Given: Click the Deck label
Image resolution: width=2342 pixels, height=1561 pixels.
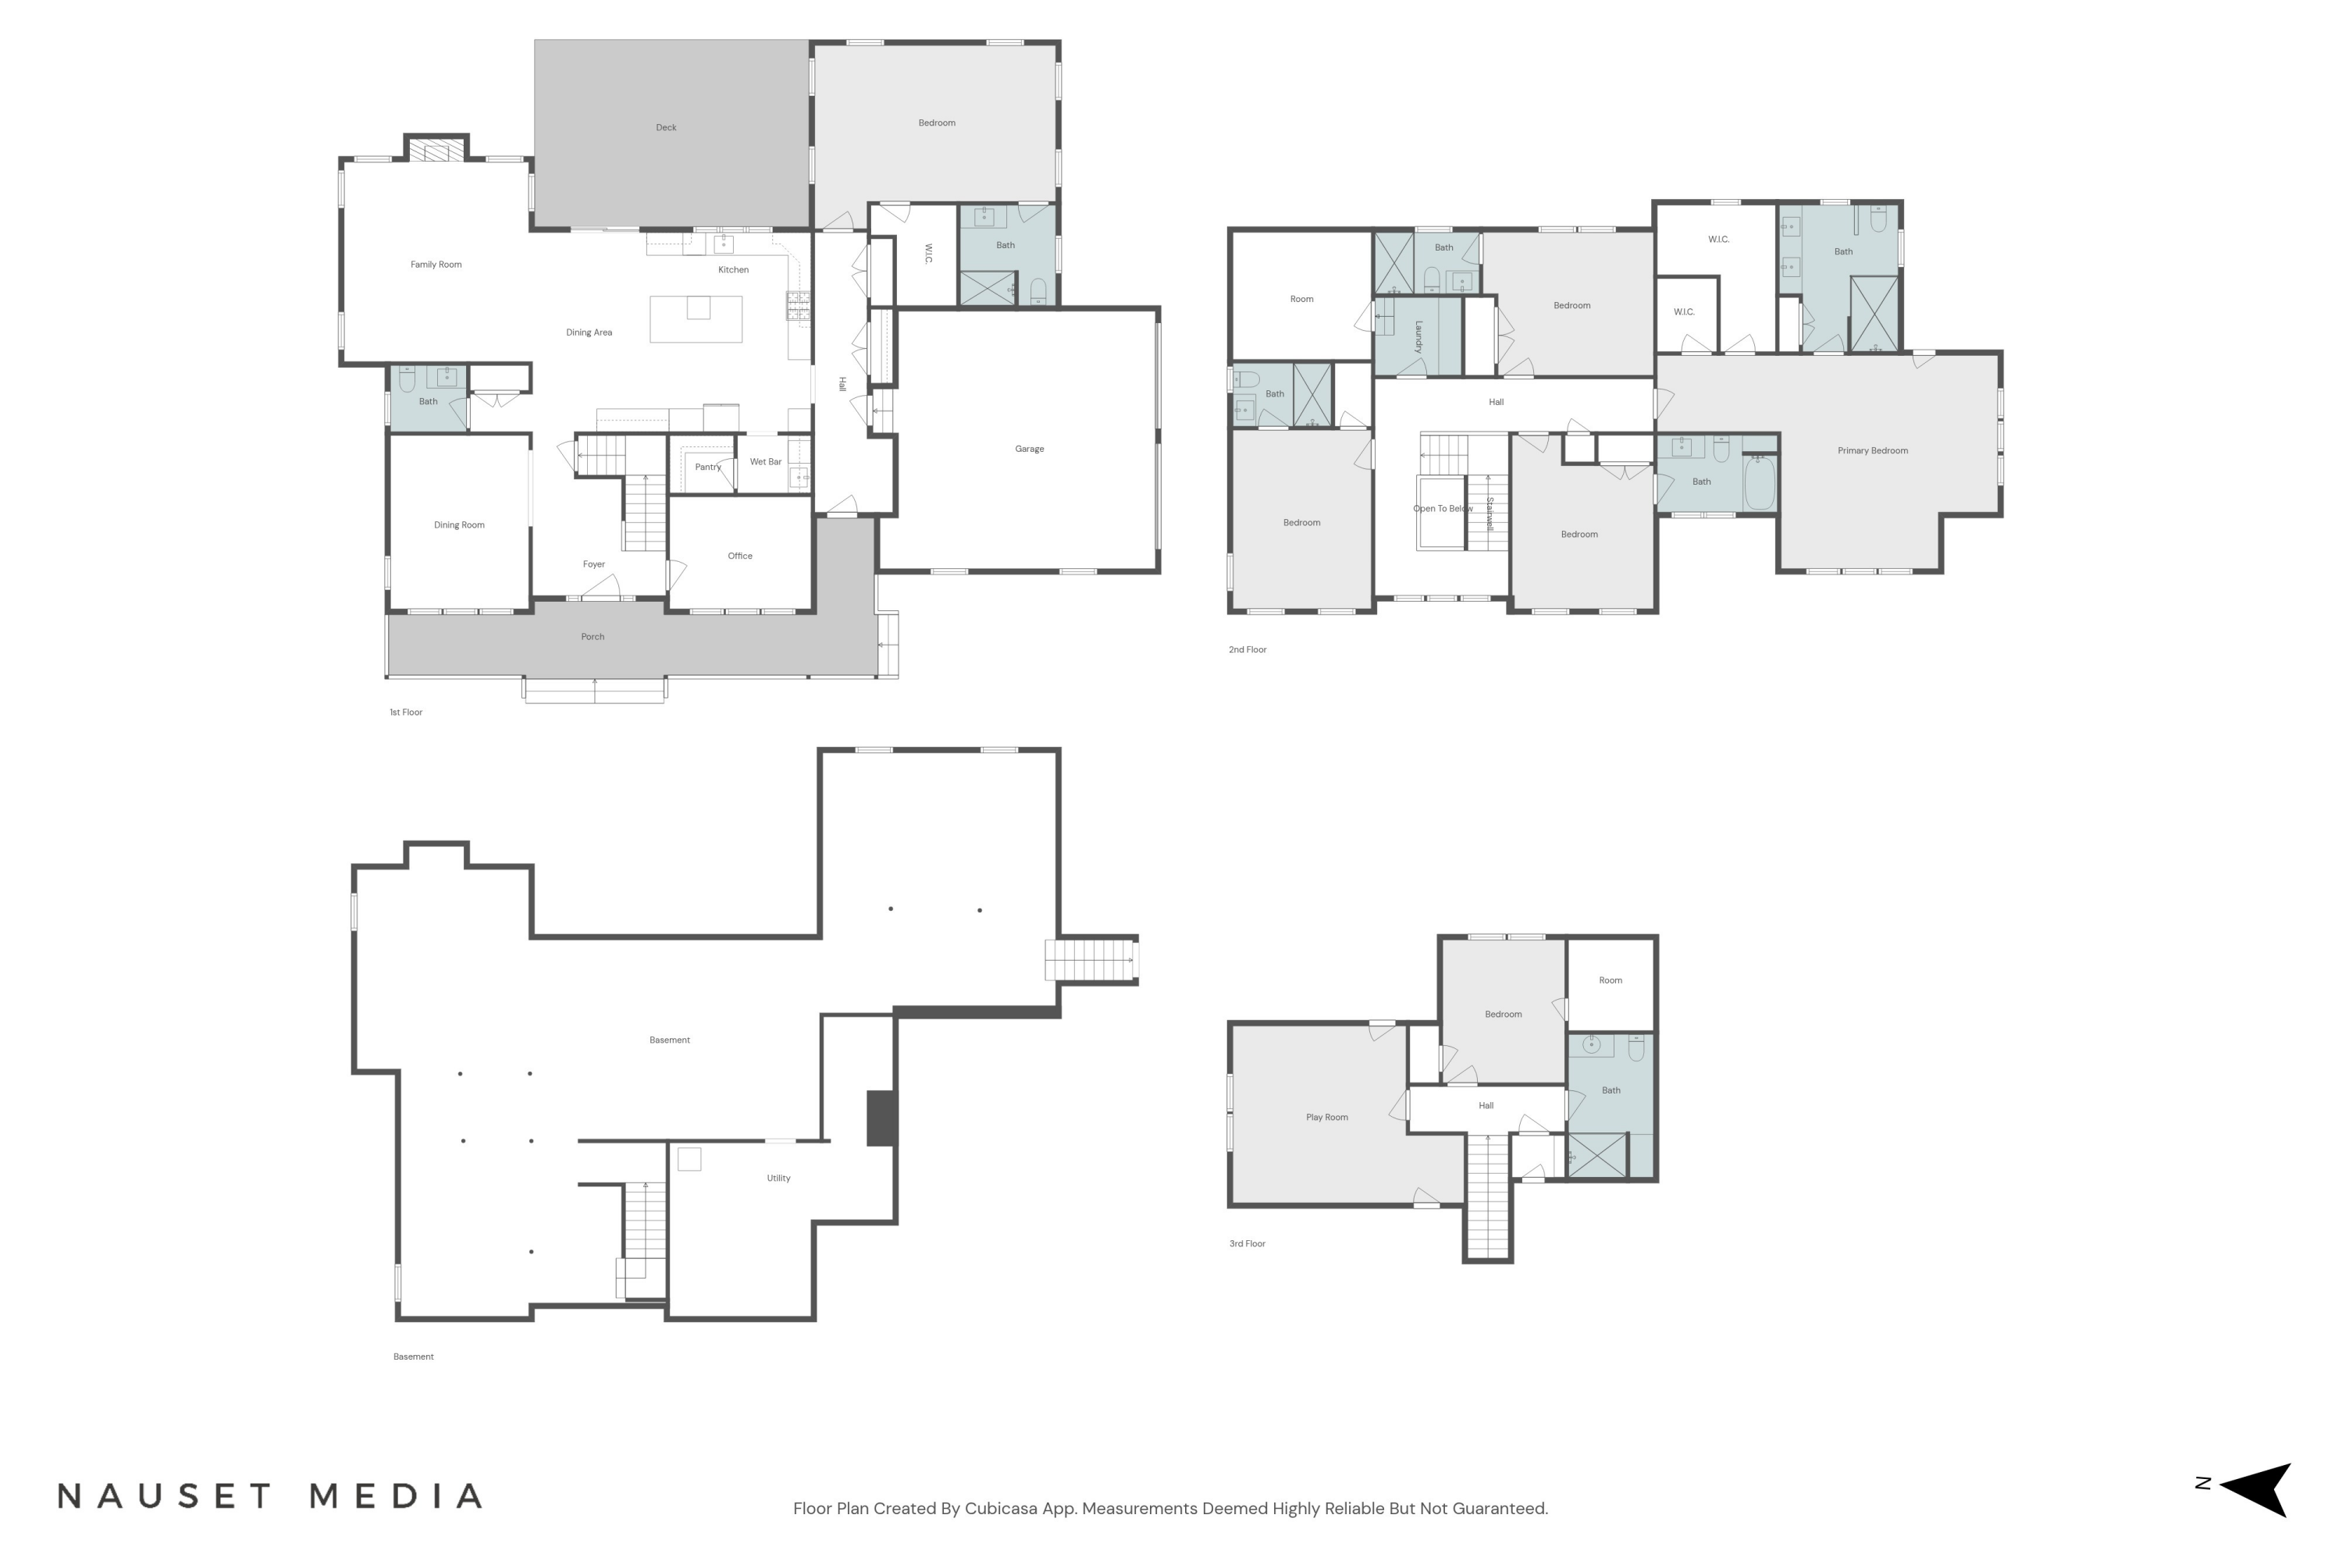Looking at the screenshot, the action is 666,127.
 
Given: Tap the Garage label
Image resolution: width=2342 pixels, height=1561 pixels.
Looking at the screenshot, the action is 1030,449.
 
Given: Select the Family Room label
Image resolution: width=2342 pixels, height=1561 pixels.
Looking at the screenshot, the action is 436,265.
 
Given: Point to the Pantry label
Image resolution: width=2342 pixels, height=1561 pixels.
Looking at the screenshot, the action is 708,467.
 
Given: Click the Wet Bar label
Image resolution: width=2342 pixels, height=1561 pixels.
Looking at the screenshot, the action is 766,462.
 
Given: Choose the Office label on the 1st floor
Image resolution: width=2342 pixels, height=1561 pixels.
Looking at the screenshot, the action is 740,556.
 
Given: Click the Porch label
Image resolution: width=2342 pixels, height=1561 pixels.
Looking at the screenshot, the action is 593,637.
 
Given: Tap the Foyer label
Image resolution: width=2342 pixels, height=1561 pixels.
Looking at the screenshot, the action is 593,564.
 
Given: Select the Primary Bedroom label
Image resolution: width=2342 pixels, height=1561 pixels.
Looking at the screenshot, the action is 1873,451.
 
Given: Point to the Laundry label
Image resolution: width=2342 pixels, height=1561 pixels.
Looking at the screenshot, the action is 1418,336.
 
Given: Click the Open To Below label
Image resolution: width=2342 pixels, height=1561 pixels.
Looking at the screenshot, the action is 1443,509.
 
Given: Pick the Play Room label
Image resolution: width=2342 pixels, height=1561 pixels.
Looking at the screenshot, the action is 1327,1117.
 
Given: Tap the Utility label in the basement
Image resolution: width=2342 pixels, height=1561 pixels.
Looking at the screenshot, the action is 778,1178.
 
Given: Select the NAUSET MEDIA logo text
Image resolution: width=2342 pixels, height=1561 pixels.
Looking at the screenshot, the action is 271,1496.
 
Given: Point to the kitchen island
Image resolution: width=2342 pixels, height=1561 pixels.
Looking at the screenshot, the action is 696,318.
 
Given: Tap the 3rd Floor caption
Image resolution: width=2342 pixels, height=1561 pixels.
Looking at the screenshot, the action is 1248,1243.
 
